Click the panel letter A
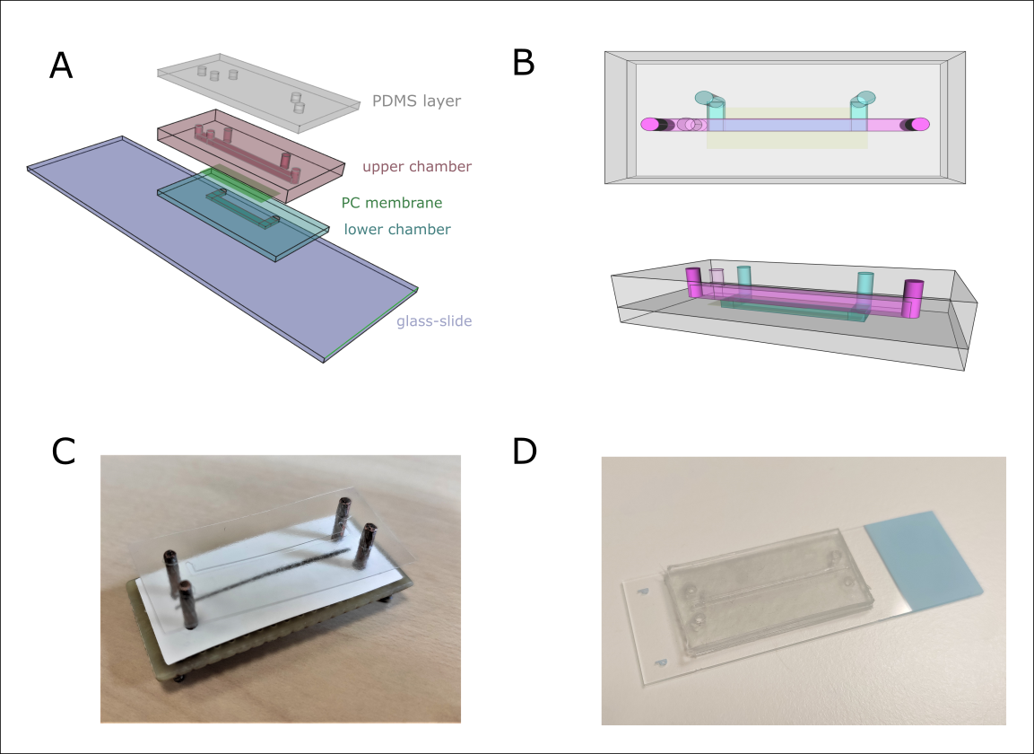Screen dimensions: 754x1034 [60, 66]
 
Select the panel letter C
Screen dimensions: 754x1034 [63, 452]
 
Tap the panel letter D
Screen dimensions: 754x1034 [524, 452]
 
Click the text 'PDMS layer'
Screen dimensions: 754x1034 [417, 101]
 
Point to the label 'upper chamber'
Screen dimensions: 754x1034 [416, 166]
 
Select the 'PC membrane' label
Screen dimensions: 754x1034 [392, 203]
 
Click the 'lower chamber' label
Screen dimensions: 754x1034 [396, 229]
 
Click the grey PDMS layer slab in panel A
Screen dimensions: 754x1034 [260, 90]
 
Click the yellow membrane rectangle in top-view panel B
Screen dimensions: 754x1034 [786, 138]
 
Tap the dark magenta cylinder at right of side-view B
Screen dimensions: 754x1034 [914, 299]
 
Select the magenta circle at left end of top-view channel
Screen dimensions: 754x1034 [649, 125]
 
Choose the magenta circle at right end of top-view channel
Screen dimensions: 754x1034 [921, 125]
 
